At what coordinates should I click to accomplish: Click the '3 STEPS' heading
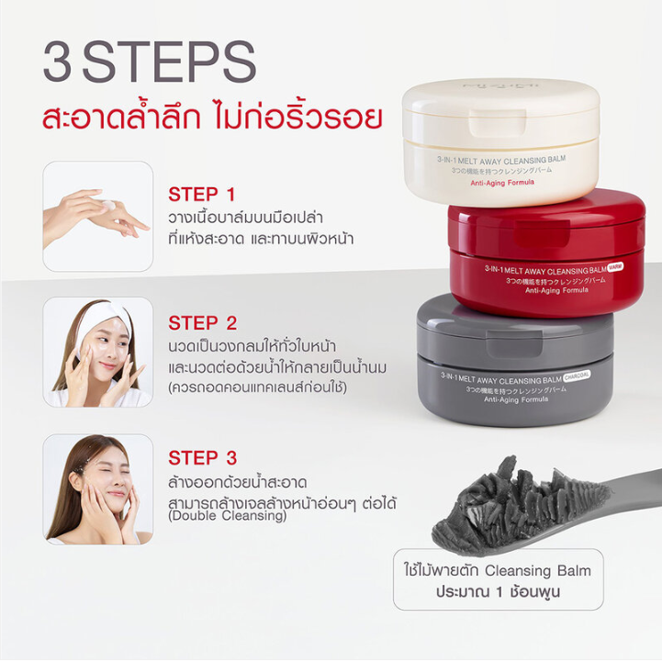(149, 62)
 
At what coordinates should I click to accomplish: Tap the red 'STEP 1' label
(201, 195)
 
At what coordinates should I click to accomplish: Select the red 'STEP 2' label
(202, 323)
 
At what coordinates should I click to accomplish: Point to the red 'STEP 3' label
(202, 457)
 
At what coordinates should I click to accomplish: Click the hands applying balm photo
(97, 216)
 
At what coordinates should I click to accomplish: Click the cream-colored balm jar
(500, 138)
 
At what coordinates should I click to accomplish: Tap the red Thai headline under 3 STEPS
(212, 118)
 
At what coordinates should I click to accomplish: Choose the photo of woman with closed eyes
(97, 488)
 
